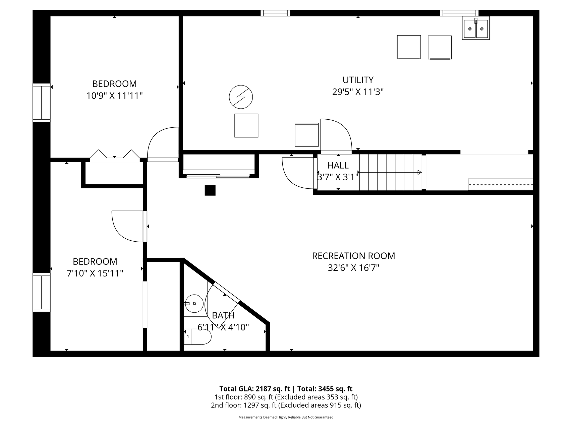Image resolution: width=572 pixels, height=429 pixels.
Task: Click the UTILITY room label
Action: click(x=358, y=80)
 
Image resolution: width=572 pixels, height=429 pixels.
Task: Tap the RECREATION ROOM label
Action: click(x=353, y=256)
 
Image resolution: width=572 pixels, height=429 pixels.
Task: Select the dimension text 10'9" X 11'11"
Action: click(x=115, y=96)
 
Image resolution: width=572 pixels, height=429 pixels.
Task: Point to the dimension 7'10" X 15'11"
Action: click(x=95, y=273)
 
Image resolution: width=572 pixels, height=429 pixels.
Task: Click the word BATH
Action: click(x=223, y=315)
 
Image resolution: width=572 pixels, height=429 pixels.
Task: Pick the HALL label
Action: click(x=338, y=165)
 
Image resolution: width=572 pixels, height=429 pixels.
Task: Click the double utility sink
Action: click(x=476, y=28)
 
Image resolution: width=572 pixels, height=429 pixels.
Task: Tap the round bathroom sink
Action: click(x=194, y=303)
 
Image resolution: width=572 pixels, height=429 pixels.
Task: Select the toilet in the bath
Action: click(x=198, y=337)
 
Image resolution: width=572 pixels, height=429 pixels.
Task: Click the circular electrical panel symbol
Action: click(x=241, y=97)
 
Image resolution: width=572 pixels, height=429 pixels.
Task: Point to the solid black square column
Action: click(x=210, y=190)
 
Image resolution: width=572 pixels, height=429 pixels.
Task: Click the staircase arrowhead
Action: click(x=419, y=172)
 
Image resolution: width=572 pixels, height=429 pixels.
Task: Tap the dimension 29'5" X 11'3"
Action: click(x=358, y=92)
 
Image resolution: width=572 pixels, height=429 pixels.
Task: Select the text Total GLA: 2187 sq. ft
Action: click(x=254, y=389)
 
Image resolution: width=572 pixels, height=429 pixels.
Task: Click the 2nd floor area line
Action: click(x=286, y=405)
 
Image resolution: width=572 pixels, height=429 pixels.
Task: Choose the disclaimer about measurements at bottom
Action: click(x=286, y=417)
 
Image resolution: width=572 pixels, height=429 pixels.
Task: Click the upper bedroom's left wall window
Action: click(x=42, y=103)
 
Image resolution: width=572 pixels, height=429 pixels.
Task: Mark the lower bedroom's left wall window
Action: click(x=42, y=292)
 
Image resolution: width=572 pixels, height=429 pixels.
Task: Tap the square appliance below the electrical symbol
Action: click(x=246, y=126)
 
